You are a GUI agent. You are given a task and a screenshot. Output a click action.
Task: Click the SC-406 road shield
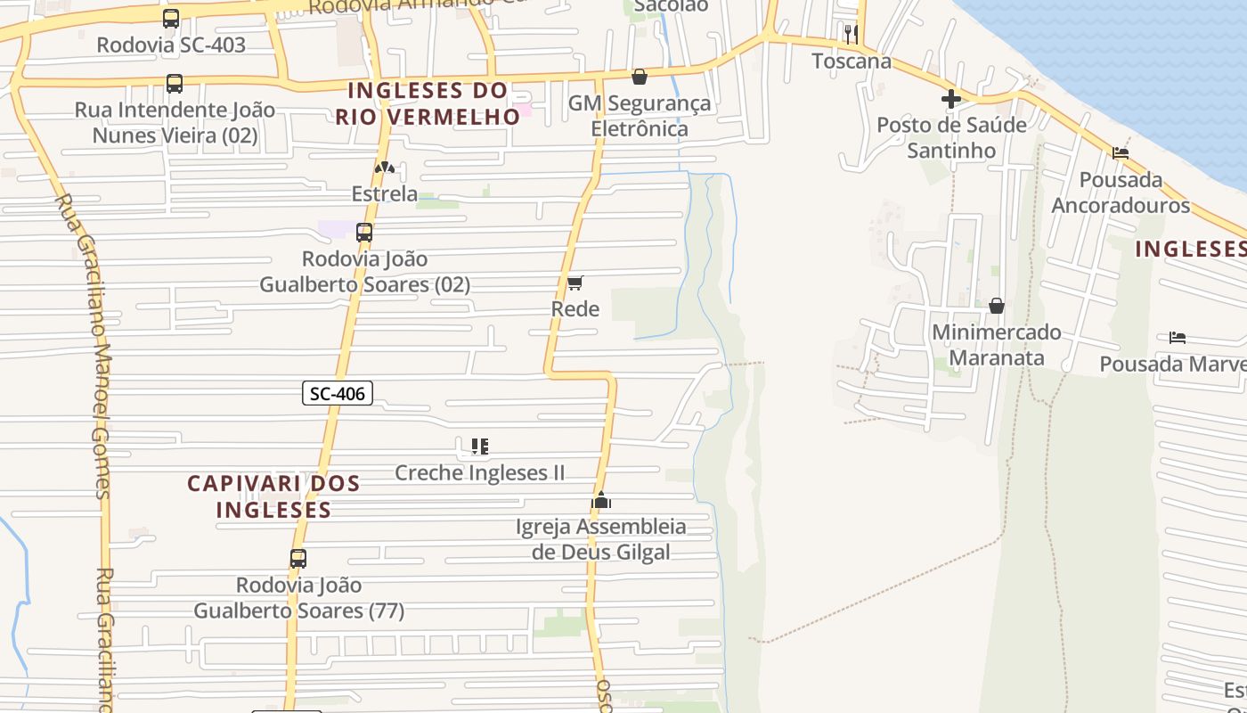338,393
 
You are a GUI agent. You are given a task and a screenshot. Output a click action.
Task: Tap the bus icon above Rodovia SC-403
171,19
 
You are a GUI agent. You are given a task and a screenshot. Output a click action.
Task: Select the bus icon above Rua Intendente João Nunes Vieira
175,84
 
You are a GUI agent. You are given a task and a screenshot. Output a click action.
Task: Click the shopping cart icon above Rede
575,283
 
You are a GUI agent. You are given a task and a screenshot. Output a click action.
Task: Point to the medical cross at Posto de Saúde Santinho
951,99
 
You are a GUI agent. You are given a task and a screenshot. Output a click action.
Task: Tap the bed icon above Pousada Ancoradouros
1121,153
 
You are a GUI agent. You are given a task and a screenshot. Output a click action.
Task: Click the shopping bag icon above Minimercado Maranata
997,307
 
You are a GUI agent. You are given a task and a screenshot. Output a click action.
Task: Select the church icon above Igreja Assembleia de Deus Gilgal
601,500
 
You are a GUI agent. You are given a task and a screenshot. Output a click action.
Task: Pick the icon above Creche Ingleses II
480,446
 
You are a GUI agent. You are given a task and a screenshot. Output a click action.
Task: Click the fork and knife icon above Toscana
852,35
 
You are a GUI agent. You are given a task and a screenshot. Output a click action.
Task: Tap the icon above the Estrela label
385,168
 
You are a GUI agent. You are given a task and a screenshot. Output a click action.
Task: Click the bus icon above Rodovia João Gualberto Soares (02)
364,233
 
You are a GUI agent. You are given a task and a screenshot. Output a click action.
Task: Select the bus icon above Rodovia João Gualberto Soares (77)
298,559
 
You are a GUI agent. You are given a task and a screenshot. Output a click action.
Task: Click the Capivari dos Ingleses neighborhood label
273,496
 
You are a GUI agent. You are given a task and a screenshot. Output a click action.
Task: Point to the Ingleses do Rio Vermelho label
428,103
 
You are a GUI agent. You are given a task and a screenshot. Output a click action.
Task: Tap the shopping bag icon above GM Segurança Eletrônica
639,78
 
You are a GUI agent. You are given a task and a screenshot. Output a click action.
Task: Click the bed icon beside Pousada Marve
1178,338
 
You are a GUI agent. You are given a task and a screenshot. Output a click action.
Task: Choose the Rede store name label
575,309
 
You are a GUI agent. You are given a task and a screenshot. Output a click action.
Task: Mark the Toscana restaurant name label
852,61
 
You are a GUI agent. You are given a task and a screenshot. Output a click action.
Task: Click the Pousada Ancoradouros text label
1121,193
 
